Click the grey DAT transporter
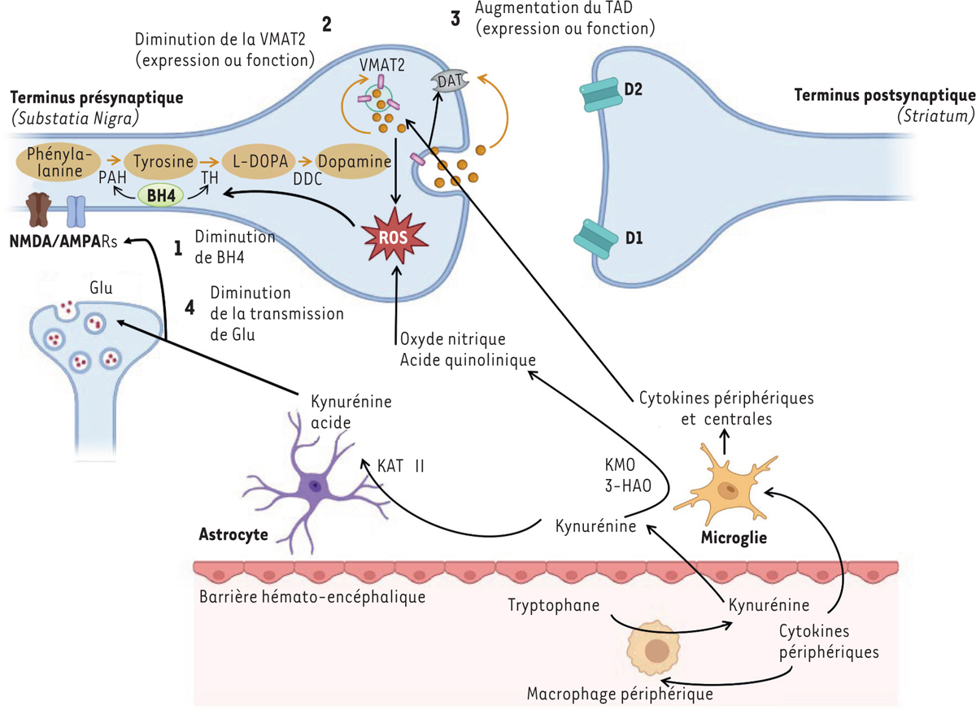[448, 81]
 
